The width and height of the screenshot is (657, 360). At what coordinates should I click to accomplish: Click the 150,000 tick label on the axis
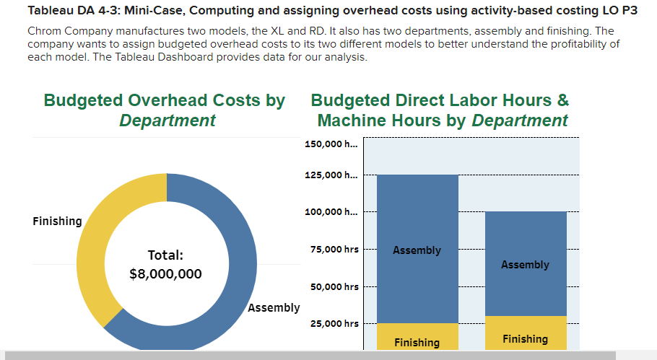(331, 144)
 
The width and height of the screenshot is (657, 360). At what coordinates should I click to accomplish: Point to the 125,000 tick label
(331, 175)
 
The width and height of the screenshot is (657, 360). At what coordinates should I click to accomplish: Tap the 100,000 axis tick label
(331, 212)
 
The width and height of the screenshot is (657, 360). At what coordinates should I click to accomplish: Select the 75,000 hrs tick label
(334, 250)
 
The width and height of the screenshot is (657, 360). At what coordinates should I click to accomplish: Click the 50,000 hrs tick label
(334, 287)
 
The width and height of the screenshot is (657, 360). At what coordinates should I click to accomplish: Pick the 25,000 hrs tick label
(334, 324)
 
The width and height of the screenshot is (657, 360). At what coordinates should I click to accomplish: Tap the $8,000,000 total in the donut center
(165, 274)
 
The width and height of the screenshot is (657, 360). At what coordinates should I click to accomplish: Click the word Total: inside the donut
(165, 255)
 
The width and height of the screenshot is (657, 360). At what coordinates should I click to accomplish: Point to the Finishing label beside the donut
(57, 221)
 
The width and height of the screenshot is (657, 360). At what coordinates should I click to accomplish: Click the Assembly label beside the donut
(274, 308)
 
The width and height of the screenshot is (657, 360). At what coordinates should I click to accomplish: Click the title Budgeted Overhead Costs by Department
(165, 110)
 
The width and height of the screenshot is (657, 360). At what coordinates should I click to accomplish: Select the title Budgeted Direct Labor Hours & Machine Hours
(440, 110)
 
